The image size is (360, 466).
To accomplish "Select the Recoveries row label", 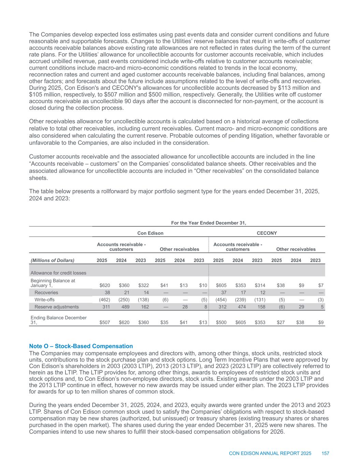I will click(x=46, y=293).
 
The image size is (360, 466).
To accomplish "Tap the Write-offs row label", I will click(x=45, y=299).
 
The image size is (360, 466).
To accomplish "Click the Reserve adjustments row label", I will click(x=56, y=307).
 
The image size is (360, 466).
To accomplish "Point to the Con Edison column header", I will click(x=150, y=233).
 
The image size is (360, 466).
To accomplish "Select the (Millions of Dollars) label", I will click(x=52, y=260).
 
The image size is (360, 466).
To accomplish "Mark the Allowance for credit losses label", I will click(x=58, y=273).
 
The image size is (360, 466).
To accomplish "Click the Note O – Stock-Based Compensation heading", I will click(x=81, y=346).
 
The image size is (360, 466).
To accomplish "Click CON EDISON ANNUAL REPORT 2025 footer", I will click(x=270, y=453).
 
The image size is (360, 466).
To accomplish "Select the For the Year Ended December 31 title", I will click(x=208, y=223).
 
